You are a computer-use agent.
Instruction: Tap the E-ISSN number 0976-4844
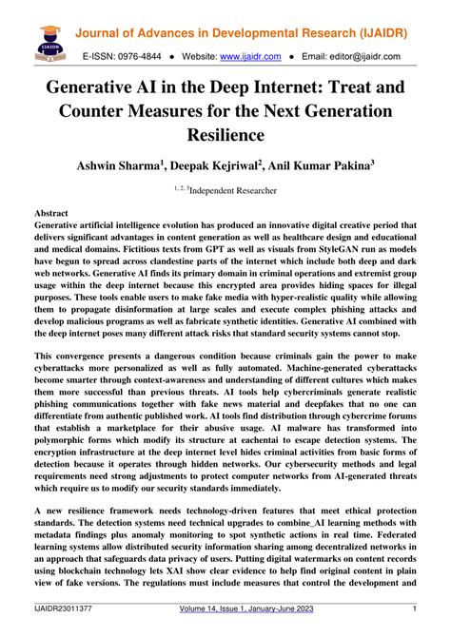(x=142, y=56)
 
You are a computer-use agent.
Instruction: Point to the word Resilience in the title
(x=225, y=136)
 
